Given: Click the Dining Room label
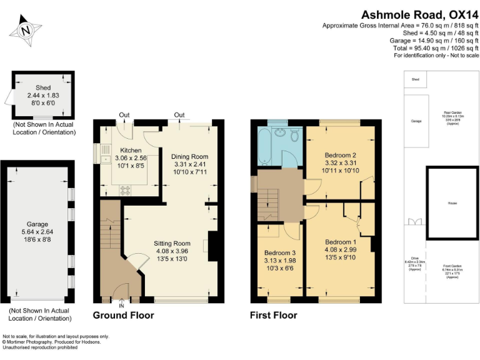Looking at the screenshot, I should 189,156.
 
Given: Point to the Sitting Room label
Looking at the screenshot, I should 172,243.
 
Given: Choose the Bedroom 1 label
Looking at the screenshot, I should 341,242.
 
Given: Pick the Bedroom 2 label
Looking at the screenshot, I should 341,155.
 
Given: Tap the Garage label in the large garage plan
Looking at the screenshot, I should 37,224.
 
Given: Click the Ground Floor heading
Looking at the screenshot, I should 123,315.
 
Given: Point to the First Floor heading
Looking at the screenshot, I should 273,315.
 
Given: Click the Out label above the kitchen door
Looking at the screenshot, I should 124,114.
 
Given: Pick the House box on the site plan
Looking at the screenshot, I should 452,203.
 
